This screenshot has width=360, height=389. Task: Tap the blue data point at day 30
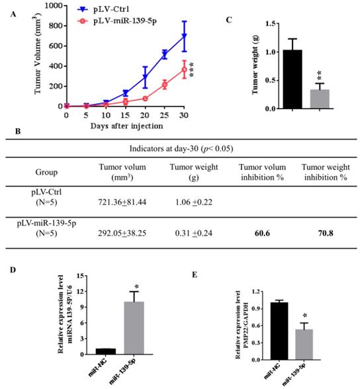(185, 36)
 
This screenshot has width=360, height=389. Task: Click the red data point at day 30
(185, 69)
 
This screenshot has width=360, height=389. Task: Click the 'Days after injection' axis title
(123, 125)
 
